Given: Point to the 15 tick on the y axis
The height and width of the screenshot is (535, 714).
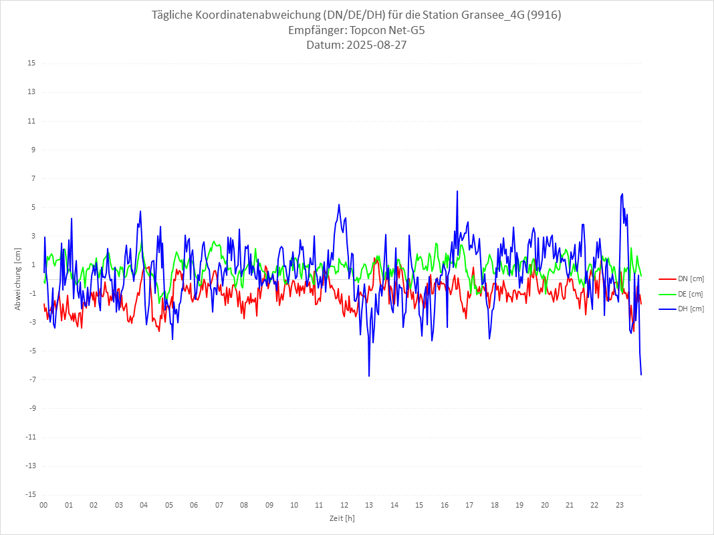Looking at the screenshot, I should (x=31, y=63).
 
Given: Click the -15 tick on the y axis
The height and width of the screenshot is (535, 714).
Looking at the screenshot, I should (x=30, y=495).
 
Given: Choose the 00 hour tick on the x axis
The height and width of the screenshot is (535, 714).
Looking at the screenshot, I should (x=43, y=506).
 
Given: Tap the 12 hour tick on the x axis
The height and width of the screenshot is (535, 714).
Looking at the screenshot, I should (x=344, y=506).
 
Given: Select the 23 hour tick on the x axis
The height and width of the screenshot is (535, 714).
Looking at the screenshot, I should (x=620, y=506).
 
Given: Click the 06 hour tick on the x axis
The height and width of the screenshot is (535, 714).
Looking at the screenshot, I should (x=194, y=506).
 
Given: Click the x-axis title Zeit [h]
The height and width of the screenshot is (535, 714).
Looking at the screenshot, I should (x=342, y=518).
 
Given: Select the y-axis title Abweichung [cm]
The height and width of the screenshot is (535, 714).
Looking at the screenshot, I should (x=18, y=279).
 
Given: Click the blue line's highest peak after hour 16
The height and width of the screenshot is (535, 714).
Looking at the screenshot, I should (x=457, y=191).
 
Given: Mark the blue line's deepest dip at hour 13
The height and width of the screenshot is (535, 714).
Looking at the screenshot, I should (x=369, y=376).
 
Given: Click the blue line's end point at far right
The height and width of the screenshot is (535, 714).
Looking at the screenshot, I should (x=641, y=375).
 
